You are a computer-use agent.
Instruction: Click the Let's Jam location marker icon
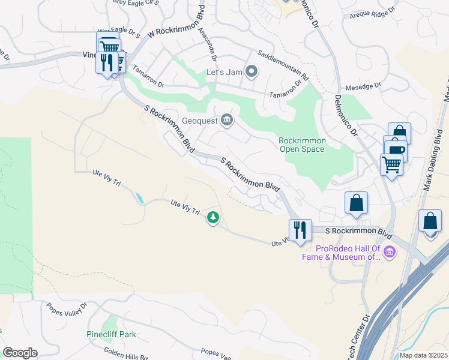click(252, 73)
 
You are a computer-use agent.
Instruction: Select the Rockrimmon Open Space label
click(302, 145)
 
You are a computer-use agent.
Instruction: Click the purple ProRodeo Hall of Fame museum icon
click(390, 251)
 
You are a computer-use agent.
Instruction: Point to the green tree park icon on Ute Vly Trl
click(212, 217)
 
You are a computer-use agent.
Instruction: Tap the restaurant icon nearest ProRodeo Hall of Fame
click(300, 230)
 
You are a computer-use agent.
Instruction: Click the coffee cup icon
click(396, 149)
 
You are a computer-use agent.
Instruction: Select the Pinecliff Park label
click(110, 334)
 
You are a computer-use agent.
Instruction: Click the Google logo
click(20, 353)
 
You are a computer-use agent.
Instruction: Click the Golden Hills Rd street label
click(125, 353)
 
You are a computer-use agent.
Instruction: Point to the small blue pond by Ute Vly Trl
click(140, 199)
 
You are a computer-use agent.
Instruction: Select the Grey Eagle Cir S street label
click(135, 3)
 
